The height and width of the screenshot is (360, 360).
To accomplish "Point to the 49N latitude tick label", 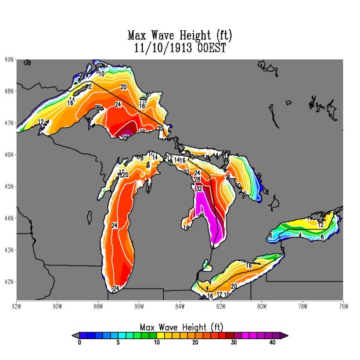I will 9,59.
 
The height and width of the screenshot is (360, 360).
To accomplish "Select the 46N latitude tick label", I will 9,154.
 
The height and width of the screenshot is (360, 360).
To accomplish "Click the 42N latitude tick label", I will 9,282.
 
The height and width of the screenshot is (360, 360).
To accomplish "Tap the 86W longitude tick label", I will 139,306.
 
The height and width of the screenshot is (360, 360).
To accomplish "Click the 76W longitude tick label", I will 342,306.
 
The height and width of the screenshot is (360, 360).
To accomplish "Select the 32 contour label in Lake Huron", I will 199,189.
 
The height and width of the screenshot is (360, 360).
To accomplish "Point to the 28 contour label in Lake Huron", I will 197,180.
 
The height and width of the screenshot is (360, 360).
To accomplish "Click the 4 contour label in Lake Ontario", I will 300,235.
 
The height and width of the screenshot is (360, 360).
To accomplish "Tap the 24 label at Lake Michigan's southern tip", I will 116,289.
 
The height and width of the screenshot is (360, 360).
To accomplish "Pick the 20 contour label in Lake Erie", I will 234,286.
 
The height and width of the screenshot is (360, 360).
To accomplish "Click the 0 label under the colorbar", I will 80,343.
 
